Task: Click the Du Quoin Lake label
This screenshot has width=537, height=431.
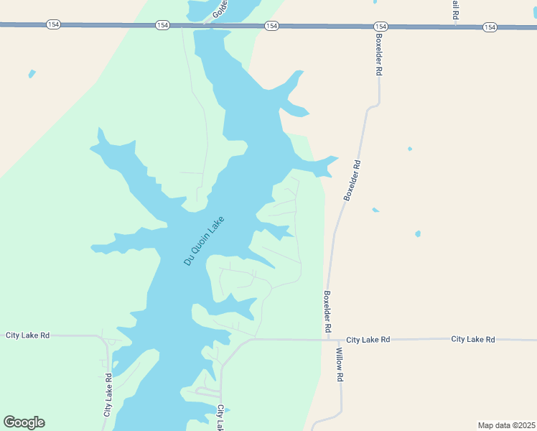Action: (x=205, y=241)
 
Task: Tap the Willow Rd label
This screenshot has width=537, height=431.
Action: (x=340, y=366)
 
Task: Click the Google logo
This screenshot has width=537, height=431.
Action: (x=24, y=422)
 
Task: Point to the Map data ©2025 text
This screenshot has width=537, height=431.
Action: (x=507, y=425)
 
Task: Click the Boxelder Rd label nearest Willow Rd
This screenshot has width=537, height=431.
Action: (x=327, y=311)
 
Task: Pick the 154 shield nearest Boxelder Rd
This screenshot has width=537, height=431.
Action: (x=380, y=27)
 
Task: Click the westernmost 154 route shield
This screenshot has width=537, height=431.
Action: (x=53, y=24)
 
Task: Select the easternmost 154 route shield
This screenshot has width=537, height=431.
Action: (x=490, y=27)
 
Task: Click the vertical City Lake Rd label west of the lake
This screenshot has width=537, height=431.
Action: (x=108, y=395)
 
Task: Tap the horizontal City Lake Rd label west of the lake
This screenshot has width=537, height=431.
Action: (x=28, y=335)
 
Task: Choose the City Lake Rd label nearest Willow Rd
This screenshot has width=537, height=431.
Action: (x=368, y=339)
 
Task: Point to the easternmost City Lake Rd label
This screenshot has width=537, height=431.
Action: (x=473, y=339)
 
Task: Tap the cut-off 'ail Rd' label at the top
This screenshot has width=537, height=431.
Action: (x=455, y=9)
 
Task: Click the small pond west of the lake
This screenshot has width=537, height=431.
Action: (x=31, y=73)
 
